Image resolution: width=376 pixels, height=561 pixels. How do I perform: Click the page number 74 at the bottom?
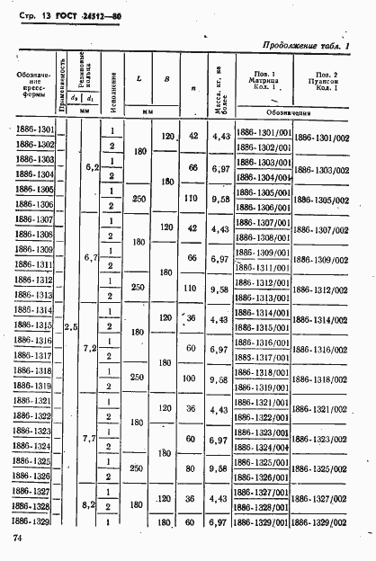tap(18, 537)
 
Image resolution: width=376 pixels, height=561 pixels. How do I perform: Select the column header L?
tap(139, 79)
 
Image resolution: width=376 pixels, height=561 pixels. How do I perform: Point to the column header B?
tap(166, 79)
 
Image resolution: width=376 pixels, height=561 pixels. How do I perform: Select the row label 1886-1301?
tap(35, 131)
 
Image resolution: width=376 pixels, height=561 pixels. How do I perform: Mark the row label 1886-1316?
tap(35, 341)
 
